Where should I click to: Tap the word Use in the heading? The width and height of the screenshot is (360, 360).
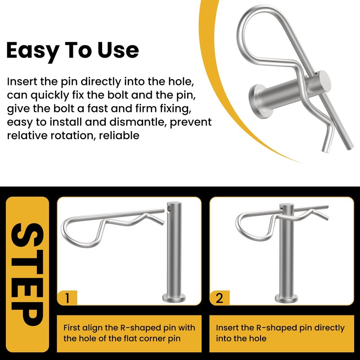(x=118, y=50)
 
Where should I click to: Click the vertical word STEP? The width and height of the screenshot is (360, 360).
(x=27, y=274)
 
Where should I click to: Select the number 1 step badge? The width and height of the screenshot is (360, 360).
(x=67, y=298)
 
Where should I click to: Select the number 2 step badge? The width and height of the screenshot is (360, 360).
(x=220, y=298)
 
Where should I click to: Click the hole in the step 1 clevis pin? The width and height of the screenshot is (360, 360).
(x=169, y=209)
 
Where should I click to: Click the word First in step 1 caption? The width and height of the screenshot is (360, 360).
(x=72, y=328)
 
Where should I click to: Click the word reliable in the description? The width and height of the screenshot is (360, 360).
(x=119, y=135)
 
